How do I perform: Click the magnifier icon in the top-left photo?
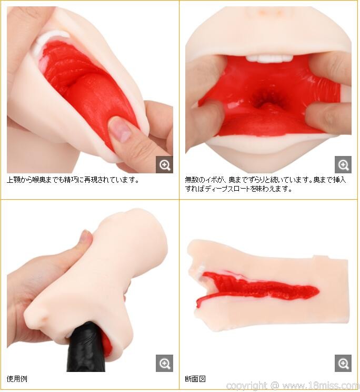click(164, 165)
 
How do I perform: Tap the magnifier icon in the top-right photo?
click(343, 165)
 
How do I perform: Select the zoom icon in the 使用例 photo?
click(164, 363)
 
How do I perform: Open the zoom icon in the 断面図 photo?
click(343, 363)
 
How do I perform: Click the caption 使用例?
click(17, 379)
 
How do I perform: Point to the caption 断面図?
click(195, 379)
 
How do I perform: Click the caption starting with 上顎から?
click(73, 180)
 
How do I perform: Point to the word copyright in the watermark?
click(246, 386)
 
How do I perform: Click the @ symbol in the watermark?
click(274, 385)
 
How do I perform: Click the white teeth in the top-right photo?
click(269, 58)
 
